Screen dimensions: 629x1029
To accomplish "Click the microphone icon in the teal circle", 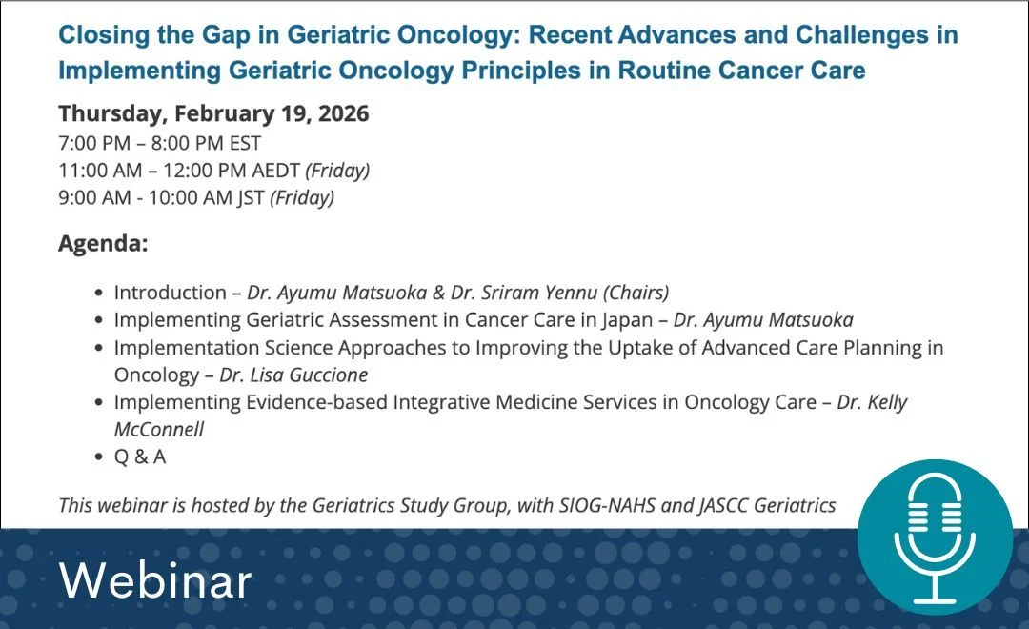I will tap(934, 539).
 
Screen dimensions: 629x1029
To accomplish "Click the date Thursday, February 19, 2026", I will tap(213, 113).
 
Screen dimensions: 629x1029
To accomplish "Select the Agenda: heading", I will tap(103, 243).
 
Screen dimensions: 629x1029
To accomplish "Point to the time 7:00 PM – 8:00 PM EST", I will tap(159, 143).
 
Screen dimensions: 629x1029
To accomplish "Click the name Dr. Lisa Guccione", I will tap(293, 375).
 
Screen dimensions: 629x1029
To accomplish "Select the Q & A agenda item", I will tap(140, 457).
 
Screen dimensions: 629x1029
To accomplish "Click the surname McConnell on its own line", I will tap(159, 430).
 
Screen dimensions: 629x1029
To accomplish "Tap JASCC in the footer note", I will tap(725, 505).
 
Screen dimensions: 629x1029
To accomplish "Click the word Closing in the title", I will tap(103, 36).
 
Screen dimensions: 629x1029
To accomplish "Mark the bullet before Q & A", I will tap(99, 457).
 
